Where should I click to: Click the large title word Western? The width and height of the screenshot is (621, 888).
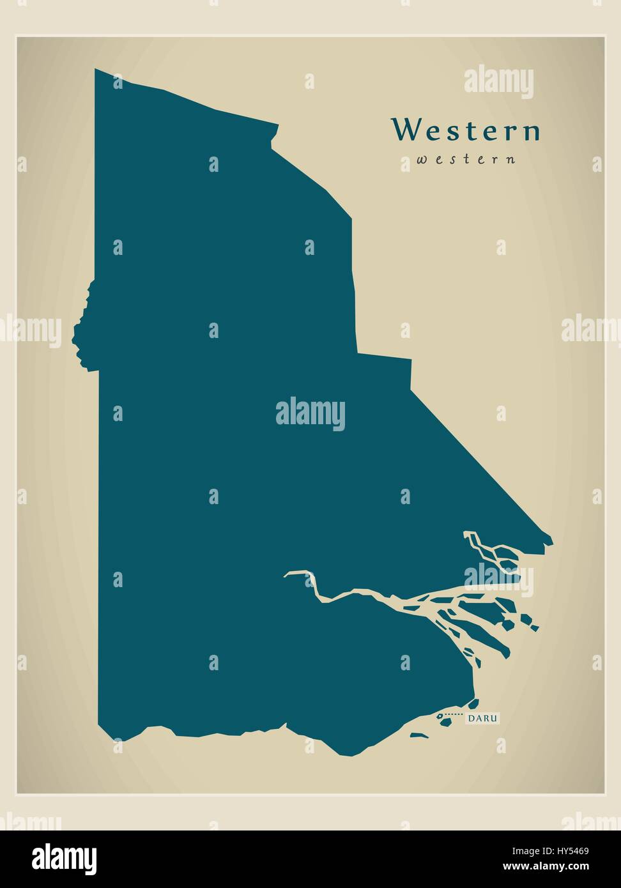coord(466,130)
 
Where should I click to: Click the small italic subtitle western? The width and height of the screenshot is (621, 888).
coord(466,160)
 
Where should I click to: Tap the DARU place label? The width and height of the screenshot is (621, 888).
coord(482,719)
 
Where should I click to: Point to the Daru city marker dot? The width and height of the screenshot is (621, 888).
coord(440,716)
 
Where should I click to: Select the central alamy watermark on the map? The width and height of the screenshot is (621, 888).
coord(310,414)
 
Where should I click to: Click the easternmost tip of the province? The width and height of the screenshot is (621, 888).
coord(551,543)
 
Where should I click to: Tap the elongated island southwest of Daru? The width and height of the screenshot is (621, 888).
coord(419,735)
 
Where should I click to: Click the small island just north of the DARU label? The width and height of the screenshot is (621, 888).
coord(473,704)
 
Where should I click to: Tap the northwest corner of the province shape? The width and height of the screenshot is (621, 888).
coord(96,70)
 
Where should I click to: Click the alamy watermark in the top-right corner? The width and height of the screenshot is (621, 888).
coord(498,82)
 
